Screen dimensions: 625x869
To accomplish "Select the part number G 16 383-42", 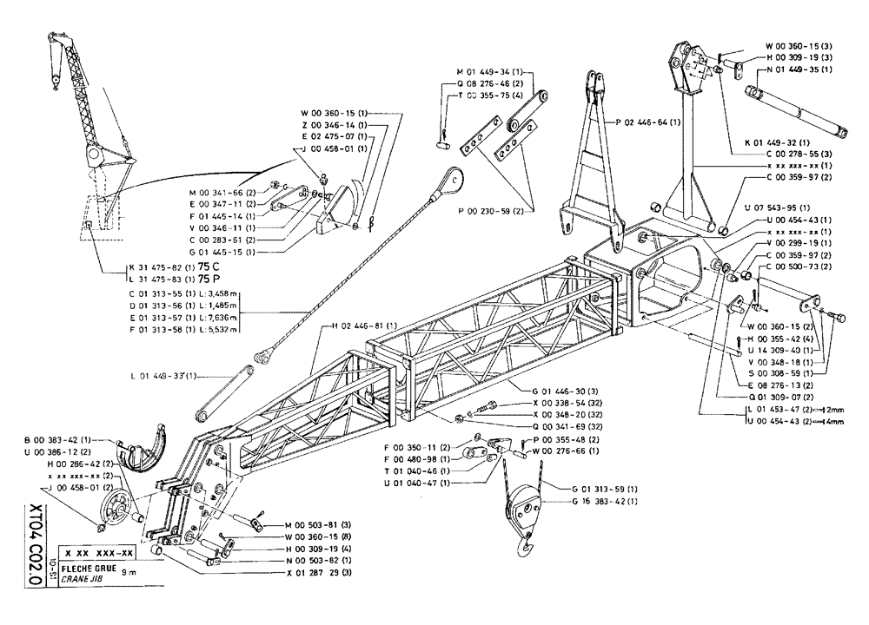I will [x=603, y=501].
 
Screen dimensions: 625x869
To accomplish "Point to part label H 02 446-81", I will [x=363, y=326].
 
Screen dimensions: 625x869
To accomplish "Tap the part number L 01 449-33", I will [x=164, y=376].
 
